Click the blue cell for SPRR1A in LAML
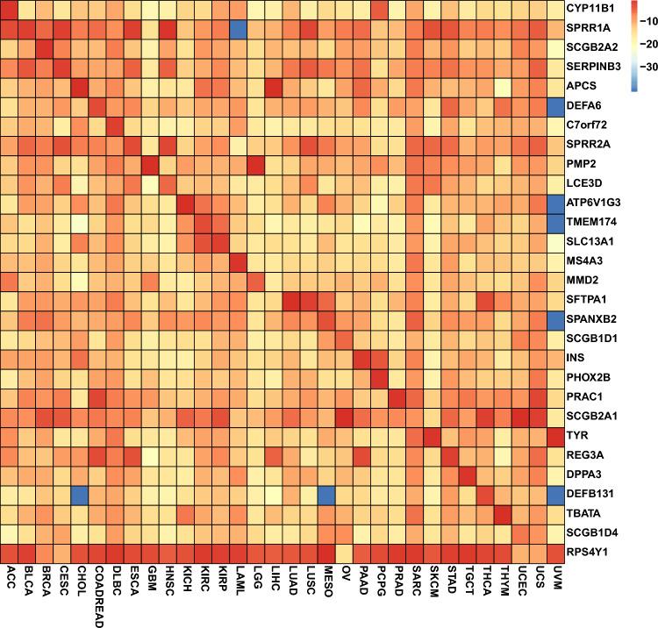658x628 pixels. coord(239,29)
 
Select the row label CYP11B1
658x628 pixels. coord(592,10)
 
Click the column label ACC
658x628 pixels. coord(11,577)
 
